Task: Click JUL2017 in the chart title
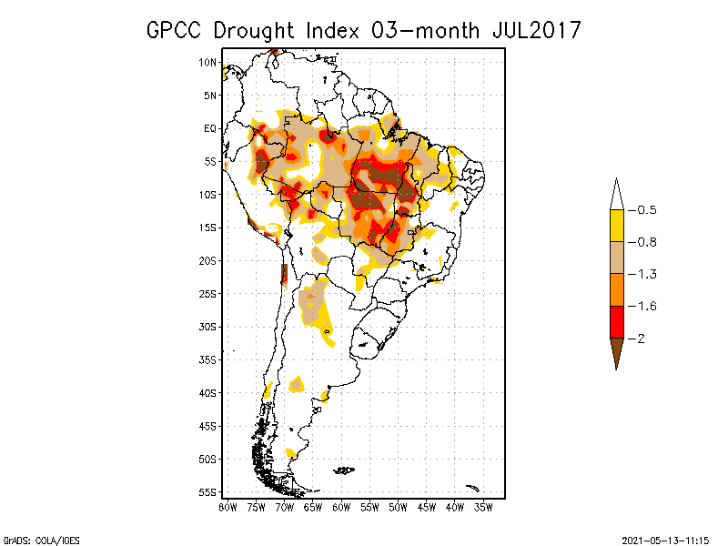tap(527, 30)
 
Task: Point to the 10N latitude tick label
tap(208, 62)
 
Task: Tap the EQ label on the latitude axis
tap(209, 128)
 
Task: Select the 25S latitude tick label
tap(208, 293)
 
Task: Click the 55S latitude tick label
tap(208, 491)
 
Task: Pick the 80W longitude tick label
tap(227, 507)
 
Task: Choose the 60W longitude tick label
tap(341, 507)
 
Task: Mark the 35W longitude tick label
tap(483, 507)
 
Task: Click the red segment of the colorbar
tap(616, 321)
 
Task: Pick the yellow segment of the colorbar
tap(616, 226)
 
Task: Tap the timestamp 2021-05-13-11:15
tap(665, 539)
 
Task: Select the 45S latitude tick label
tap(208, 425)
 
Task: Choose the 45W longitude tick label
tap(427, 507)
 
